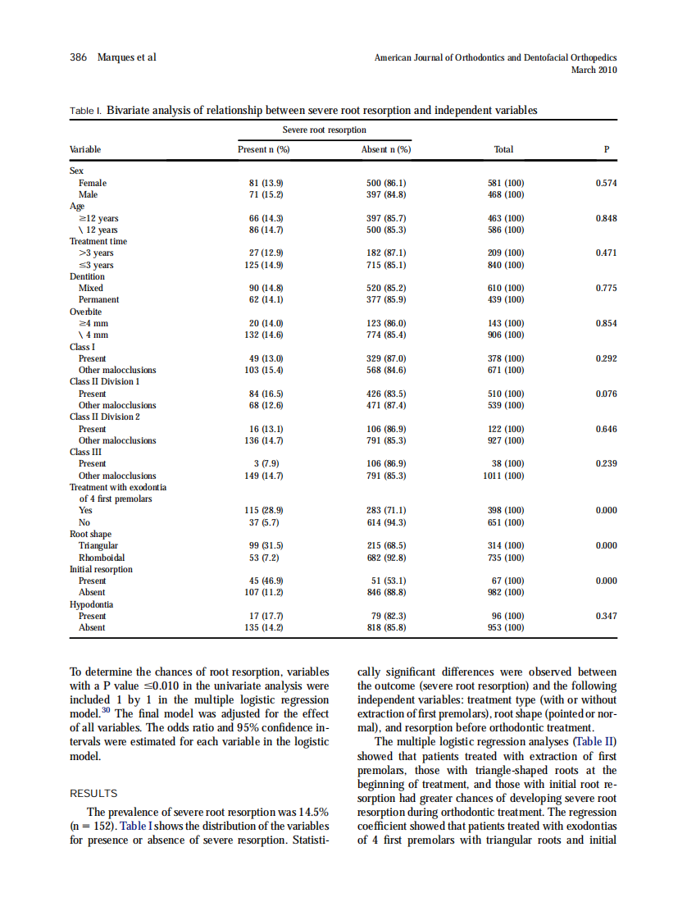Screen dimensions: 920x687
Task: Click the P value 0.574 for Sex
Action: [606, 183]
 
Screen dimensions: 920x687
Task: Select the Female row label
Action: [92, 183]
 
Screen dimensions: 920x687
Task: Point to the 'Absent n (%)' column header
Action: [386, 150]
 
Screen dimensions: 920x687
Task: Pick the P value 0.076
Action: [606, 394]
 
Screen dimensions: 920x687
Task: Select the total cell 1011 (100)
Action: [503, 476]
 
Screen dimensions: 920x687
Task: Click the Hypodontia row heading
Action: [91, 604]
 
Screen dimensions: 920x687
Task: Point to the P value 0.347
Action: [606, 616]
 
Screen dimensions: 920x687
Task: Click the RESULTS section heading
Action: [93, 794]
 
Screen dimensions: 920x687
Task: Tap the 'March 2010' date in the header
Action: [594, 70]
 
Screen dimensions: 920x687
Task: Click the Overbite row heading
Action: [87, 312]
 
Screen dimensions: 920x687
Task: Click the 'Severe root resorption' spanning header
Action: [324, 130]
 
